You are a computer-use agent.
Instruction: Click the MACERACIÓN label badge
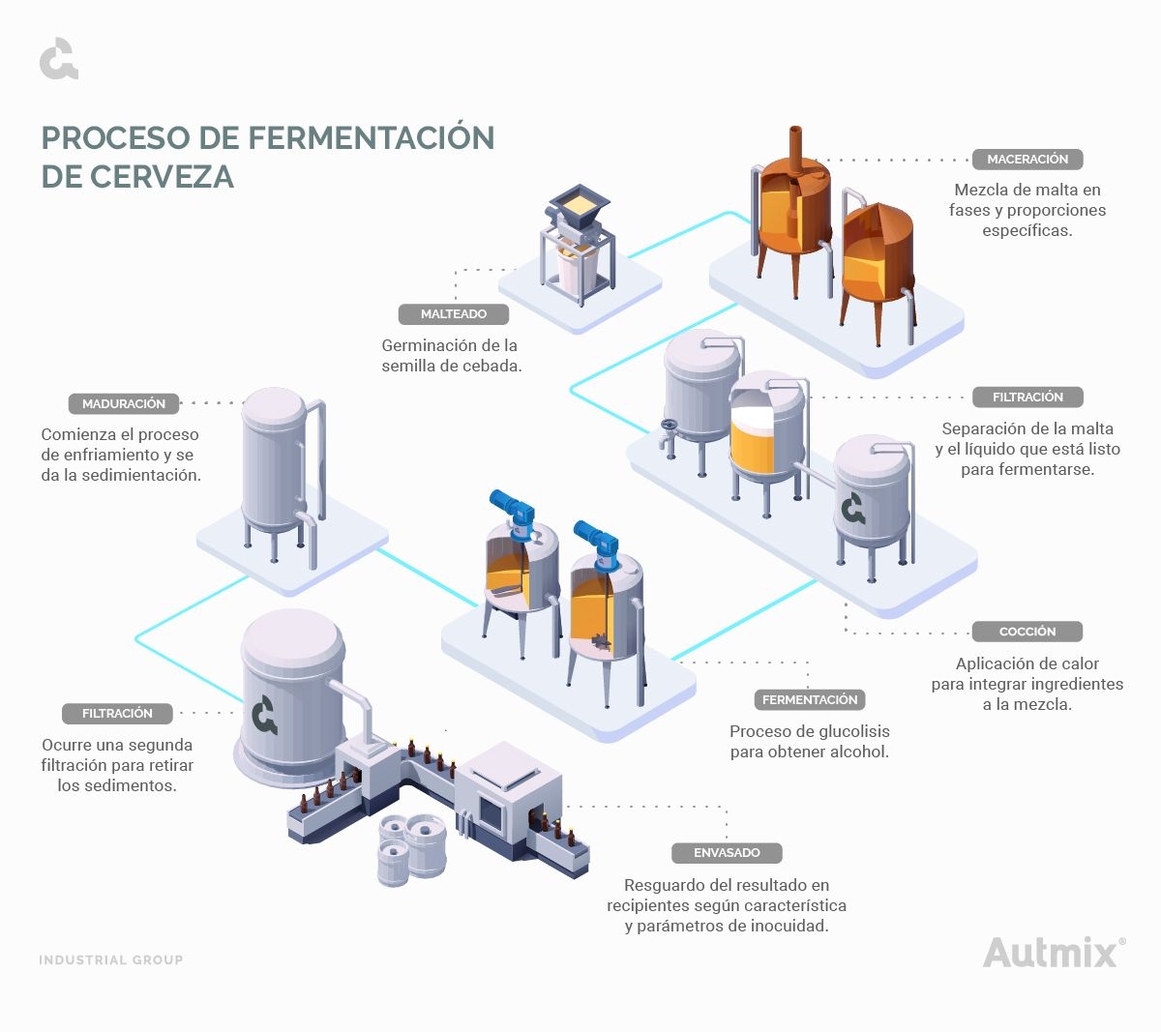pyautogui.click(x=1027, y=160)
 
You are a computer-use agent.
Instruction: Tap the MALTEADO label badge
pyautogui.click(x=453, y=314)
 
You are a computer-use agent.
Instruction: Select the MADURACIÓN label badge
pyautogui.click(x=124, y=404)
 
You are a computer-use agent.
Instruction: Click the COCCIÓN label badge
pyautogui.click(x=1027, y=632)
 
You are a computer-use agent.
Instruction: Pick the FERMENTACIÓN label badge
pyautogui.click(x=809, y=699)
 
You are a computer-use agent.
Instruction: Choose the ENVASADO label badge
pyautogui.click(x=727, y=853)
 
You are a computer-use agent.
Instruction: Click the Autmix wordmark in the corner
pyautogui.click(x=1051, y=953)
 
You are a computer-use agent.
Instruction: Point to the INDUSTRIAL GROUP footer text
pyautogui.click(x=110, y=960)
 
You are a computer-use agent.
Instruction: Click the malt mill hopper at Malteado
pyautogui.click(x=577, y=204)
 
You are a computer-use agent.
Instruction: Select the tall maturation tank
pyautogui.click(x=274, y=464)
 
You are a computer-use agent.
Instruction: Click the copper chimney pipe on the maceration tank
pyautogui.click(x=795, y=148)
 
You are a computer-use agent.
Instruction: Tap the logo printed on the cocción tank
pyautogui.click(x=852, y=508)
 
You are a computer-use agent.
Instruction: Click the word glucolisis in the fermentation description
pyautogui.click(x=844, y=731)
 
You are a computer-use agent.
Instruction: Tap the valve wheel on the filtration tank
pyautogui.click(x=668, y=427)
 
